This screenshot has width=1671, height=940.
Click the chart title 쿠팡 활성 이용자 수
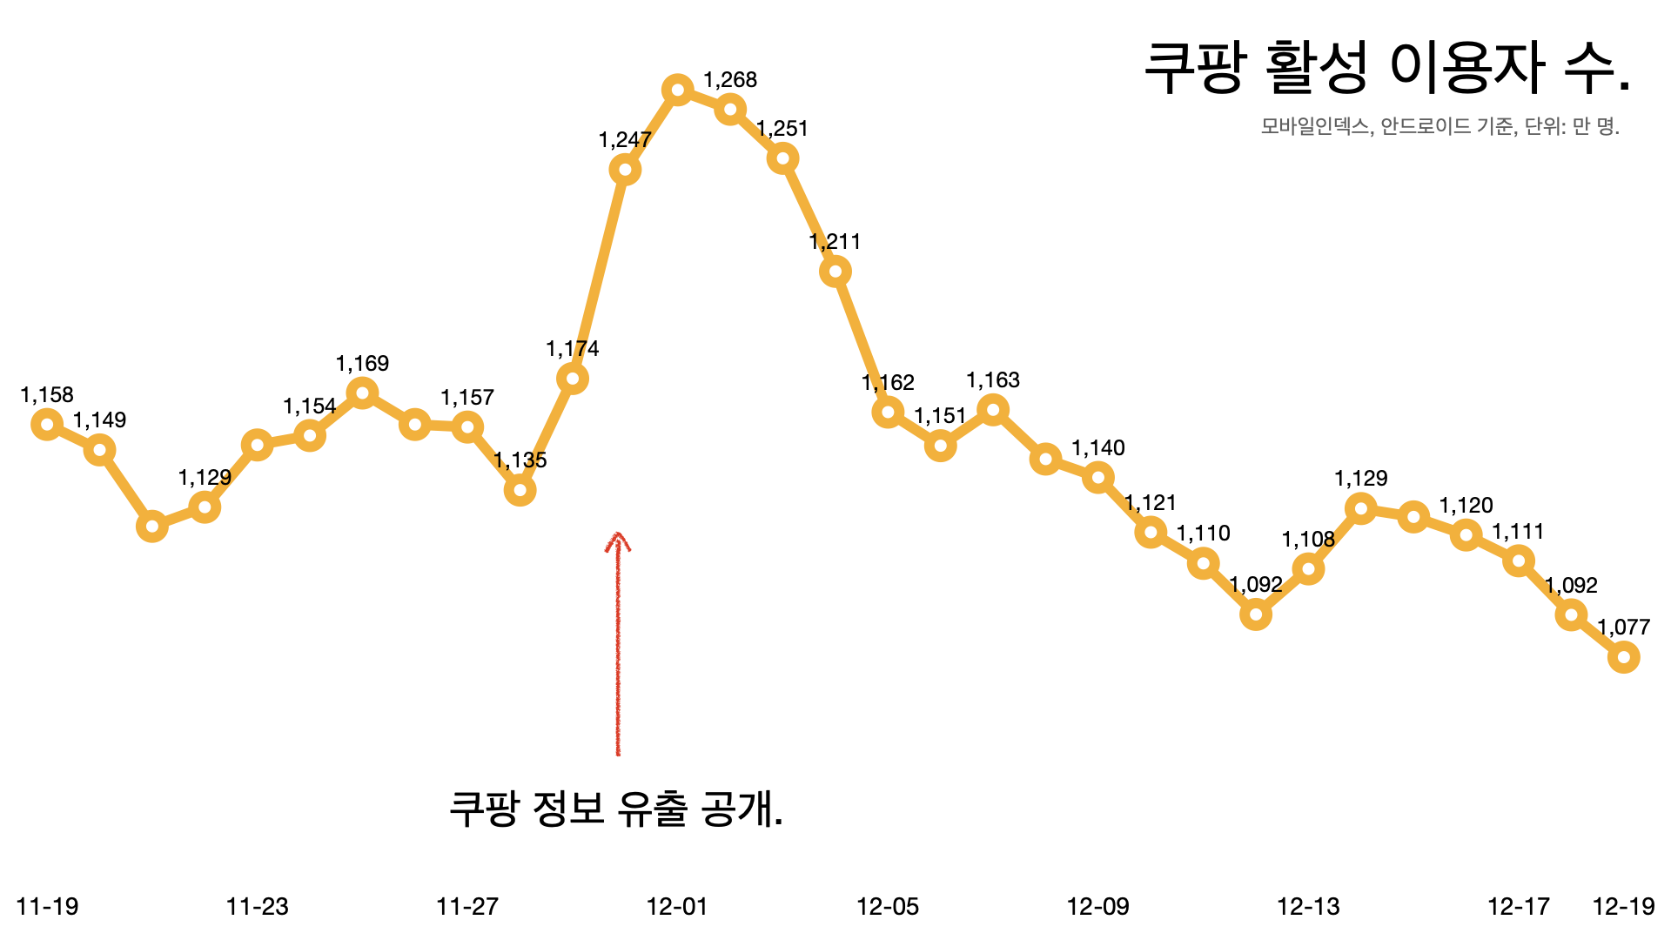pyautogui.click(x=1386, y=68)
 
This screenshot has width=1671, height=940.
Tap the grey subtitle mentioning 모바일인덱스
pyautogui.click(x=1439, y=126)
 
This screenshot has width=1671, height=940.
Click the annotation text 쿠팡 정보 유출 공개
pyautogui.click(x=615, y=809)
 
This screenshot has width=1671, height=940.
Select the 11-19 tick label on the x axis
pyautogui.click(x=47, y=907)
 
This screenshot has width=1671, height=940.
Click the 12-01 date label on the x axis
pyautogui.click(x=677, y=907)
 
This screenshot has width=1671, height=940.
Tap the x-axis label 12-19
pyautogui.click(x=1623, y=907)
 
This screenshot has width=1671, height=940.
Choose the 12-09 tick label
pyautogui.click(x=1097, y=907)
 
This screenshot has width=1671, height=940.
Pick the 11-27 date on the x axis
pyautogui.click(x=467, y=907)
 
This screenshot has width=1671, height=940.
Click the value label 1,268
pyautogui.click(x=730, y=80)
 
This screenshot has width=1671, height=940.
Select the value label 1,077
pyautogui.click(x=1623, y=628)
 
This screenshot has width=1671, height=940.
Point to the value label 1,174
pyautogui.click(x=572, y=349)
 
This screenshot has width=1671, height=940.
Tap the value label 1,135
pyautogui.click(x=520, y=460)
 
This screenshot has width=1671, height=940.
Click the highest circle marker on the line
pyautogui.click(x=677, y=90)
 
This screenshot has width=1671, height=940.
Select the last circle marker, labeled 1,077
pyautogui.click(x=1623, y=657)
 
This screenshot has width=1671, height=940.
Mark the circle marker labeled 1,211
pyautogui.click(x=835, y=272)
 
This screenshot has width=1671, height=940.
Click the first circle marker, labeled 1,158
pyautogui.click(x=47, y=425)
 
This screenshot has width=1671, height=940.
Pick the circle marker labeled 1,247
pyautogui.click(x=625, y=170)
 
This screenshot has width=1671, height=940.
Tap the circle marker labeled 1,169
pyautogui.click(x=362, y=393)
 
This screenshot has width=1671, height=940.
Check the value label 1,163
pyautogui.click(x=993, y=380)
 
